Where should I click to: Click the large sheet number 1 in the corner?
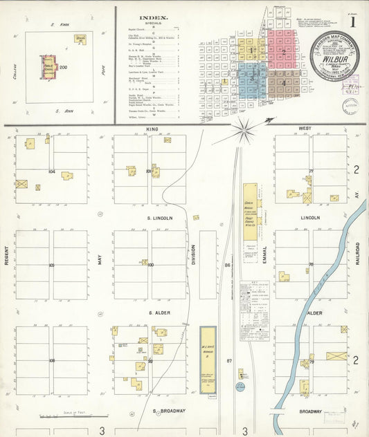pos(353,21)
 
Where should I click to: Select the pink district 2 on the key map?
pos(282,52)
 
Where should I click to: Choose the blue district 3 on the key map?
pos(250,82)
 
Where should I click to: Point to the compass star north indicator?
pos(244,127)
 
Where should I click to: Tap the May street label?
pos(100,259)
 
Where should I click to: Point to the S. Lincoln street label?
pos(159,218)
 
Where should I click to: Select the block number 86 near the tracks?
pos(227,265)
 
